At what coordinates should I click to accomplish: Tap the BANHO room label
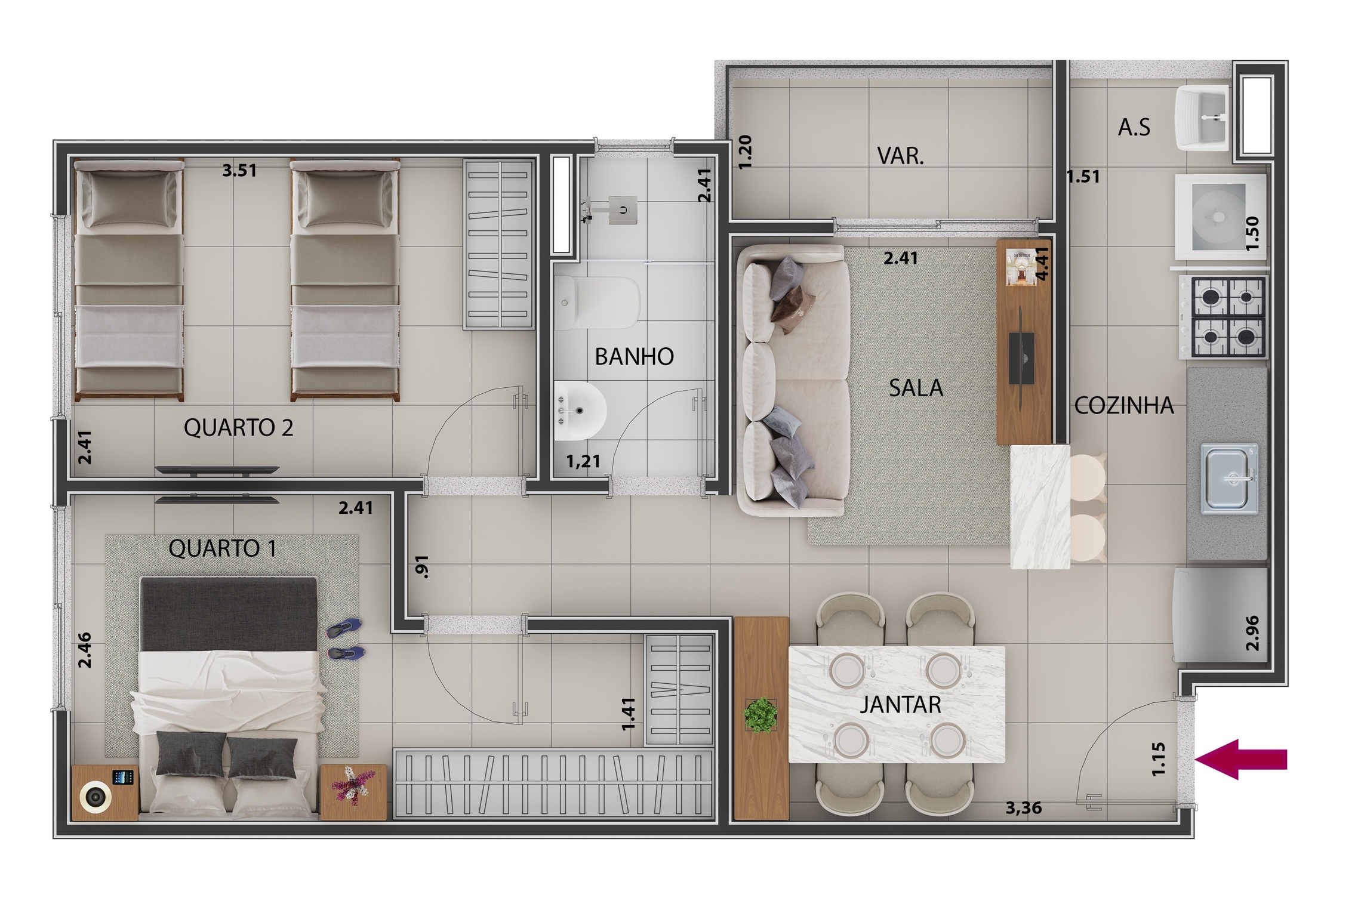(634, 356)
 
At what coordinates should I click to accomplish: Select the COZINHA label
(1123, 406)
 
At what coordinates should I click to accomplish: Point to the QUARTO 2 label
(238, 428)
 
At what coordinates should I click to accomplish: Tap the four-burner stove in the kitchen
(1228, 317)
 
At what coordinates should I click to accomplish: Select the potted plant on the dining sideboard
(760, 715)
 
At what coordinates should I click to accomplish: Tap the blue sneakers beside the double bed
(345, 639)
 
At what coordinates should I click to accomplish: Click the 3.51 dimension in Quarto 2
(239, 171)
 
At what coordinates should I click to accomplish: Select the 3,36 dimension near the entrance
(1023, 808)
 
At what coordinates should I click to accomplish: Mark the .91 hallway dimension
(422, 567)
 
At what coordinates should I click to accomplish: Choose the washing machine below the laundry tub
(1220, 216)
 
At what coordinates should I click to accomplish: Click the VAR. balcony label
(900, 156)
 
